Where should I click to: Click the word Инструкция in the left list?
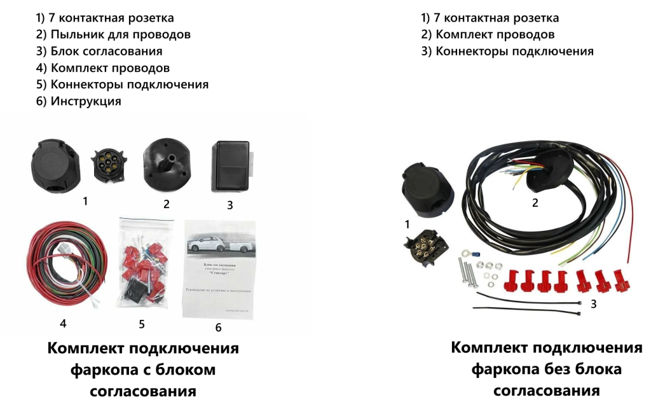(86, 101)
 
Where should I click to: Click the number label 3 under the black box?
(230, 205)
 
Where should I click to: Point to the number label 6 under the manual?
(218, 328)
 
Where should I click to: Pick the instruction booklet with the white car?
(218, 267)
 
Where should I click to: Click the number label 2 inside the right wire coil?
(535, 203)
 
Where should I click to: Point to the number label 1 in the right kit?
(408, 223)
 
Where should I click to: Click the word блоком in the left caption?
(186, 370)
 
